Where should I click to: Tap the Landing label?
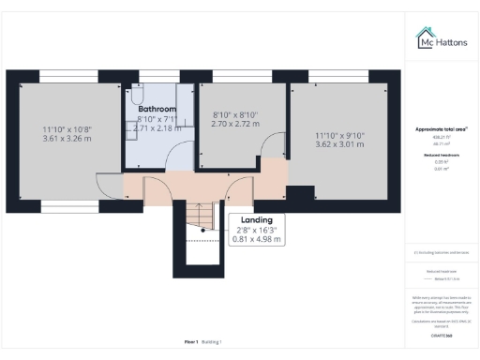pos(243,219)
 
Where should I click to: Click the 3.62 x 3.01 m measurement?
pos(338,145)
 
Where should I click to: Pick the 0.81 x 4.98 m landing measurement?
pos(243,240)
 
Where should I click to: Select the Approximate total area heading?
pos(441,128)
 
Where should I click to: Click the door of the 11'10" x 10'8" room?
pos(104,161)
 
